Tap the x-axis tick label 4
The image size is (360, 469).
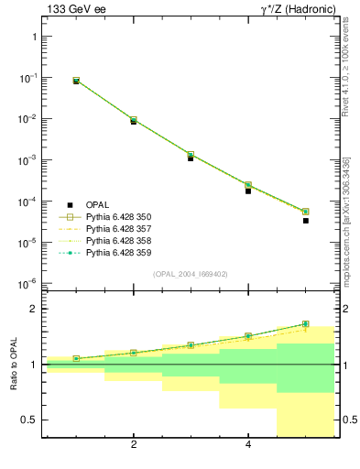[248, 446]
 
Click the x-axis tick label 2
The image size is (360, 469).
[134, 446]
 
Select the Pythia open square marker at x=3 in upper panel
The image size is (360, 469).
[191, 155]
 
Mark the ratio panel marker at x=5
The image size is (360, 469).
[306, 324]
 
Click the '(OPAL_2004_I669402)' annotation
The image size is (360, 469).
[191, 274]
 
